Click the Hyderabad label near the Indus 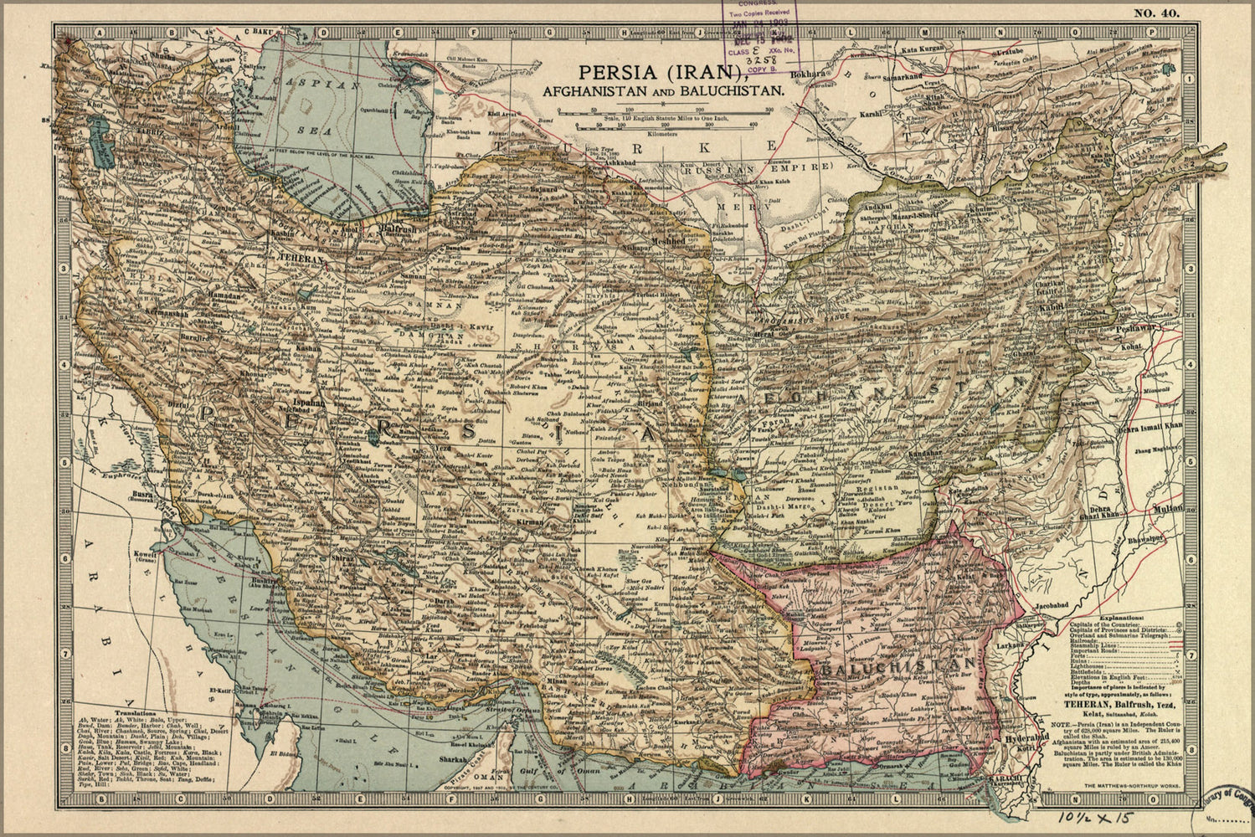tap(1025, 737)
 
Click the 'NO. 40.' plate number tap(1156, 12)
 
